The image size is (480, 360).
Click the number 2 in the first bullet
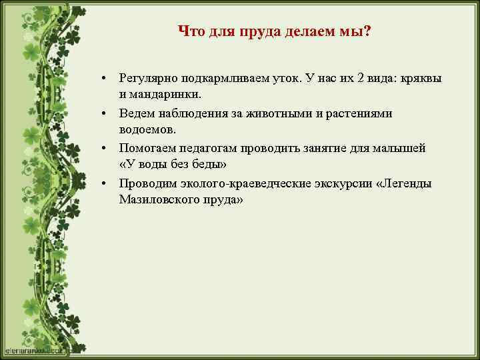tap(361, 79)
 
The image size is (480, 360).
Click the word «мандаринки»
tap(157, 93)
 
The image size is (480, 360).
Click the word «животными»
tap(279, 113)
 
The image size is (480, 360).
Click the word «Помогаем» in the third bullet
tap(145, 148)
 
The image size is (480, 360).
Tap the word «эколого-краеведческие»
tap(233, 183)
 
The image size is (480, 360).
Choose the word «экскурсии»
tap(335, 183)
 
